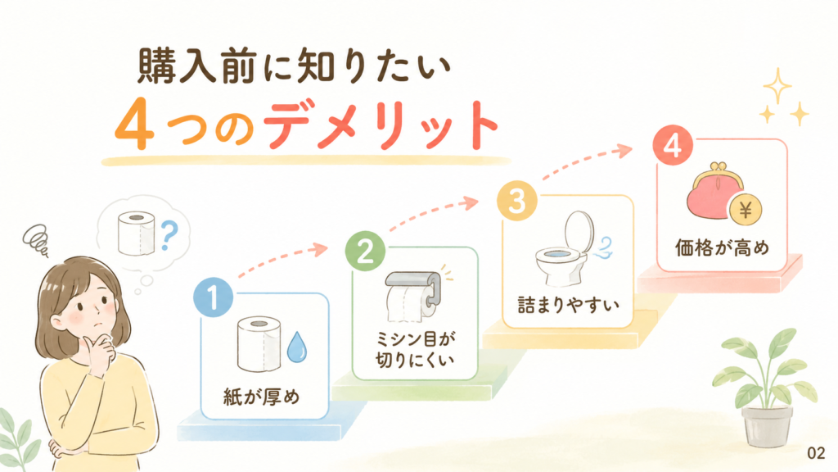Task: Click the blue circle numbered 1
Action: [214, 297]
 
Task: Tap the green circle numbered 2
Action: [365, 251]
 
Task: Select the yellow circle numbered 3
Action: [517, 201]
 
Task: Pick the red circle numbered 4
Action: [673, 145]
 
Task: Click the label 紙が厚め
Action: [261, 397]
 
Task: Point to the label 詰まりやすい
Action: [568, 305]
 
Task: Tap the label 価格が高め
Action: [722, 247]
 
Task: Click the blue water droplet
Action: [296, 347]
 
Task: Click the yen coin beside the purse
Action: [746, 210]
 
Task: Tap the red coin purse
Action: [713, 192]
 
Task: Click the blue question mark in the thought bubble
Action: [169, 236]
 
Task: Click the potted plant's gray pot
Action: [767, 426]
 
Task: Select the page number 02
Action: [816, 453]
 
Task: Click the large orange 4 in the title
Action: [134, 124]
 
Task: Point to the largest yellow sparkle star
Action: [777, 85]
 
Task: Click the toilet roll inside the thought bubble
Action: [137, 233]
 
